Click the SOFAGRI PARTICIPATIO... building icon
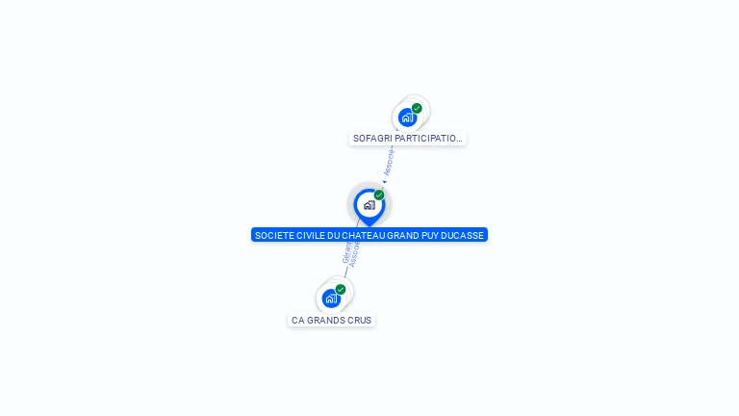tap(407, 117)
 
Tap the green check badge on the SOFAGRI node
tap(417, 108)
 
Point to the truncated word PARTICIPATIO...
tap(429, 139)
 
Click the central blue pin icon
tap(369, 205)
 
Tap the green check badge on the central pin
tap(379, 195)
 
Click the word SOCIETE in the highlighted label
tap(272, 235)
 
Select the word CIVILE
tap(307, 235)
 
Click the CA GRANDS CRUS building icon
tap(331, 299)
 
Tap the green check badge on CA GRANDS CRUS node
tap(341, 289)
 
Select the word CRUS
tap(359, 321)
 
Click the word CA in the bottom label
tap(297, 321)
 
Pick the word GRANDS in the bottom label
tap(324, 321)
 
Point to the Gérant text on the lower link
tap(346, 251)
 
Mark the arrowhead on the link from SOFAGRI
tap(383, 180)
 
